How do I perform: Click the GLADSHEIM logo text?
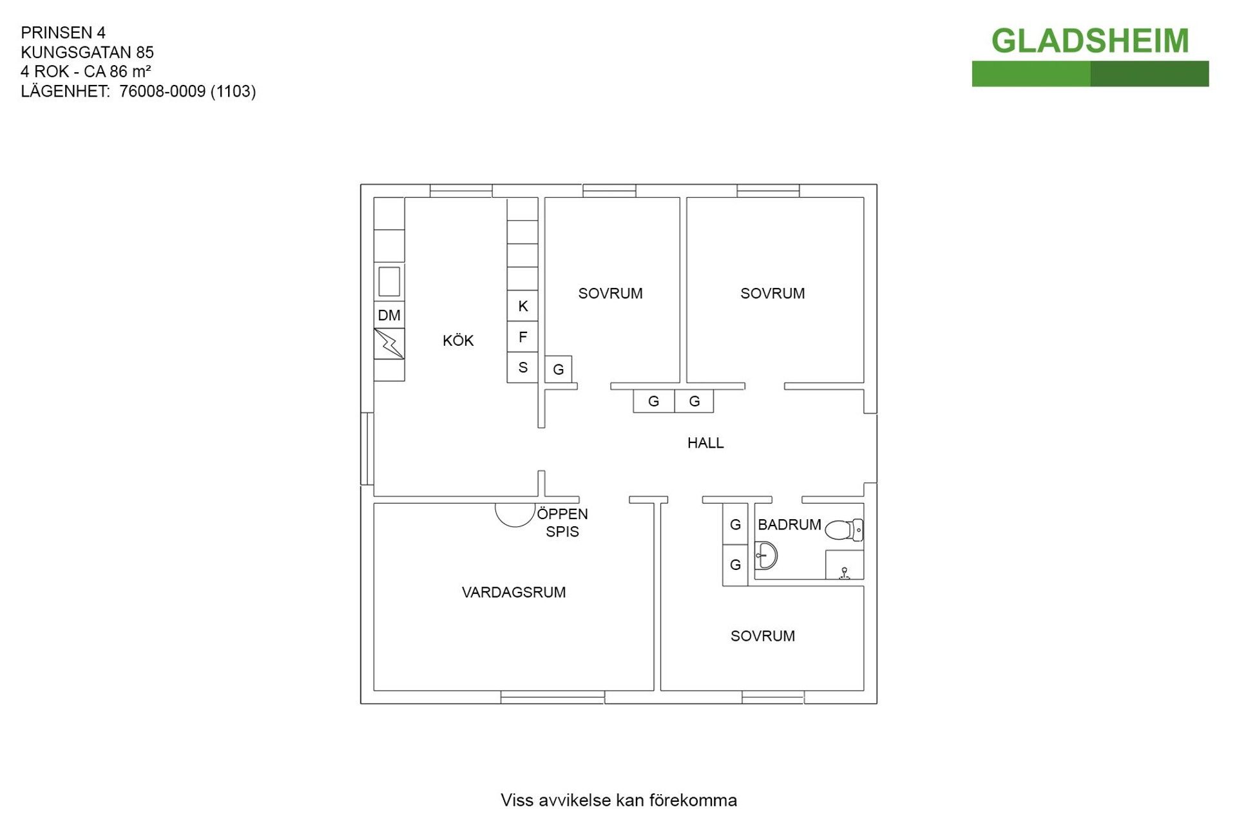1089,41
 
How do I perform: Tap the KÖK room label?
458,340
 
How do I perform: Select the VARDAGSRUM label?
513,593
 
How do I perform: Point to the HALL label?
705,443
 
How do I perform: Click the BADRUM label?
789,525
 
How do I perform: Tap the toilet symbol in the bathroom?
844,530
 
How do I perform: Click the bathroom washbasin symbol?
766,555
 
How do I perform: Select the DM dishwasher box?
389,315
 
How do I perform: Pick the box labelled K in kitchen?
523,306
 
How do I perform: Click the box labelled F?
523,337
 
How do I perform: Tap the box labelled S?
523,368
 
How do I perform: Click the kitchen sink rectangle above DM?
389,281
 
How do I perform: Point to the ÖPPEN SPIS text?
562,523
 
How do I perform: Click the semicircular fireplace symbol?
515,515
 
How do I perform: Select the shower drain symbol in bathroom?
844,573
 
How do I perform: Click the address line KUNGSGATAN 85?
88,52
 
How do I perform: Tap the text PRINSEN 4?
63,32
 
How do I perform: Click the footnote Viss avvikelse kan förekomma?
618,801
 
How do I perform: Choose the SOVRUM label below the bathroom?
763,636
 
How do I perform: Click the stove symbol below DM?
389,344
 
